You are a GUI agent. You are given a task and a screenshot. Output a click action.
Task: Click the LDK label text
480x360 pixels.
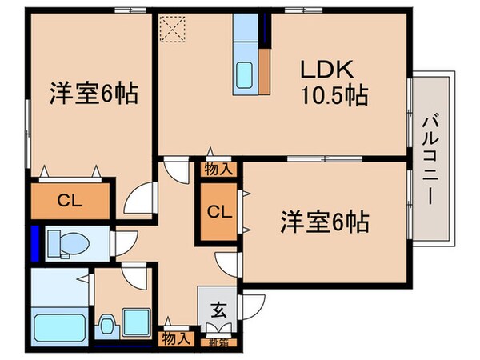tap(324, 70)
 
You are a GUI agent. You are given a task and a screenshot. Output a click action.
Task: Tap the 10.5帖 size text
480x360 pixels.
tap(334, 97)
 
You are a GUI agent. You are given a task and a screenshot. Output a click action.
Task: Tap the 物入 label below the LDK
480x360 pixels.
tap(218, 169)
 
